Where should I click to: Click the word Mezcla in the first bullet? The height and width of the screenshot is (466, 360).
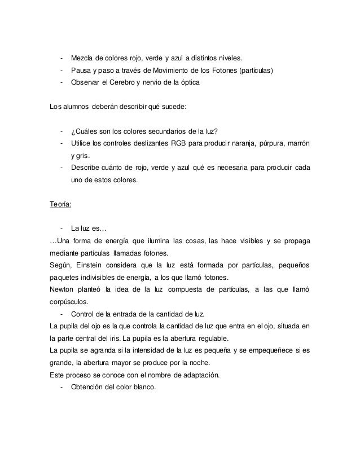(x=82, y=58)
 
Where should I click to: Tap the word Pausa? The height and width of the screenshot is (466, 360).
(x=81, y=71)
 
